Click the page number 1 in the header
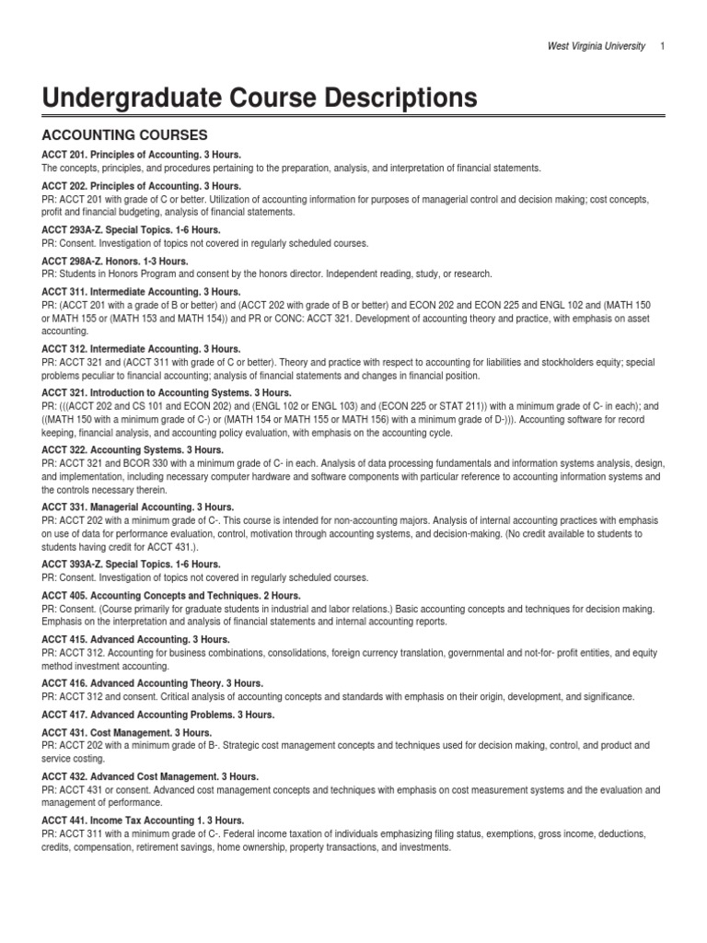point(663,47)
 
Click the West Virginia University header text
point(597,47)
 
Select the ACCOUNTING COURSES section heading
point(125,134)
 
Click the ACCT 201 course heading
point(141,155)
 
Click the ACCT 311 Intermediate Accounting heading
point(141,291)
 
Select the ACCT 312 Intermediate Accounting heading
point(141,349)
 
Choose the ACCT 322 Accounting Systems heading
point(131,449)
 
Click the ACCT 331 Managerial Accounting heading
point(138,507)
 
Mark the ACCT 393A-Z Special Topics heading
point(131,565)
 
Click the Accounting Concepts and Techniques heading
point(171,596)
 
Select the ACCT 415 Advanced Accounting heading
point(135,639)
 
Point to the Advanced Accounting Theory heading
point(152,683)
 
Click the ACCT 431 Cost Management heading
point(126,732)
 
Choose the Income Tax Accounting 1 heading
point(143,821)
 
